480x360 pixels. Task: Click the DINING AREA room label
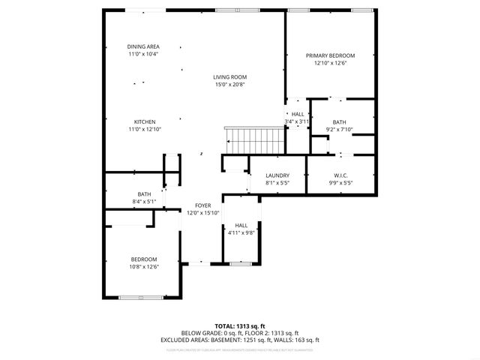point(142,46)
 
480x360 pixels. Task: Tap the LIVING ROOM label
point(229,77)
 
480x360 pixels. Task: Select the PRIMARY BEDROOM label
point(330,55)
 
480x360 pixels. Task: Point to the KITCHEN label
point(145,121)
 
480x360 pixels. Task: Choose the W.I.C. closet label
point(340,175)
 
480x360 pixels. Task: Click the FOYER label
point(202,205)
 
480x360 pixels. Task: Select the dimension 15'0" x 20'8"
point(229,85)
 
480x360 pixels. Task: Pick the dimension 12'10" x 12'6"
point(330,63)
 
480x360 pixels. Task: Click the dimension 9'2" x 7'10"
point(340,130)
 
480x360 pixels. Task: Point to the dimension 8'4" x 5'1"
point(144,201)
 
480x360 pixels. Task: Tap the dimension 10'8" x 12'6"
point(144,266)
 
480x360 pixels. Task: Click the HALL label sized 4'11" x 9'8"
point(241,225)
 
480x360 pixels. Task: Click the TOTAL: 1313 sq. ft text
point(240,326)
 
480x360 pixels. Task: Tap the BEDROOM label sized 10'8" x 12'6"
point(144,259)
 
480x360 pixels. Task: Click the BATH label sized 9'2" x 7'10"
point(340,122)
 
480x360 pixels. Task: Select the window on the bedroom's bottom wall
point(141,298)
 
